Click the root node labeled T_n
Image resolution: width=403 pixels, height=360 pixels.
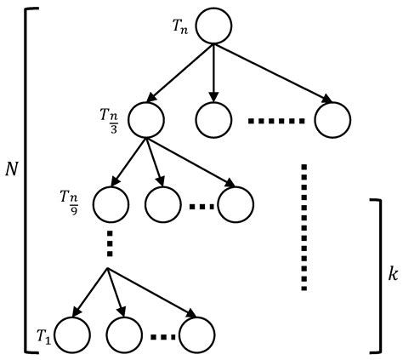pos(213,26)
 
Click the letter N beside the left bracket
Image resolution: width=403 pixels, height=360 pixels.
pos(12,169)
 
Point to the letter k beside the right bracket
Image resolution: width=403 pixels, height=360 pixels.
pos(392,276)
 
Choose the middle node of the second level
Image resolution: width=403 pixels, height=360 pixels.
pos(213,120)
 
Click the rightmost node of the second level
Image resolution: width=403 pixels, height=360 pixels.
pos(331,120)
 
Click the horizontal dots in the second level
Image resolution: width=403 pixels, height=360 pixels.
pos(275,121)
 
